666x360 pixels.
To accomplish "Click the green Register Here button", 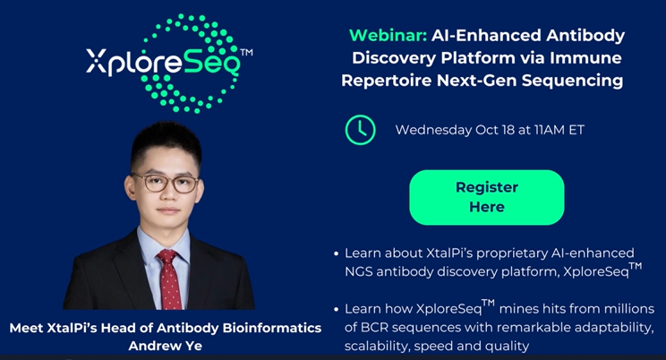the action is click(487, 197).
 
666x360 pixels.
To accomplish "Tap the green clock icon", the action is click(360, 130).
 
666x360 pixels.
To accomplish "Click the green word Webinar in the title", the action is click(388, 35).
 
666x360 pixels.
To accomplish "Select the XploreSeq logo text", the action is click(163, 63).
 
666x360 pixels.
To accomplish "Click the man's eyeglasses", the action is click(166, 184).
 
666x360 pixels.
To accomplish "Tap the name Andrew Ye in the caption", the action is click(166, 346).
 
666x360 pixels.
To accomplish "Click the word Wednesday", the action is click(433, 130).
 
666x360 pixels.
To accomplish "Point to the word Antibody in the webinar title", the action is click(585, 35).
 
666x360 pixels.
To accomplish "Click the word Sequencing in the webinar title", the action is click(573, 81).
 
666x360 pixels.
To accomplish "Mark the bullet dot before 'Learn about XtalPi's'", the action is click(337, 253).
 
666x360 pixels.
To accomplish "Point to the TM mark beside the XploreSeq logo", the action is click(246, 52).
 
